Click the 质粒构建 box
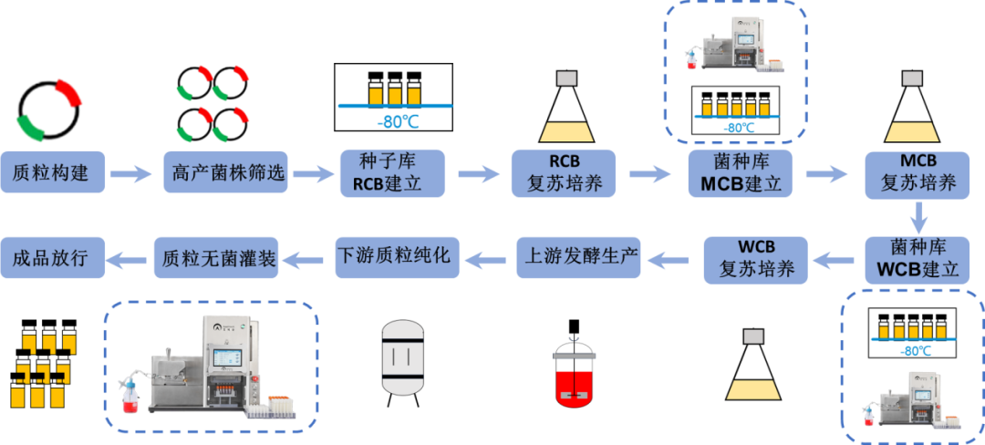pyautogui.click(x=52, y=171)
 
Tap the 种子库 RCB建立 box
pyautogui.click(x=392, y=171)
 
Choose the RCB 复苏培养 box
pyautogui.click(x=565, y=171)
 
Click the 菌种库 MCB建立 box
pyautogui.click(x=739, y=171)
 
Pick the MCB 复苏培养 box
pyautogui.click(x=918, y=171)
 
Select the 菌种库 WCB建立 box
pyautogui.click(x=918, y=258)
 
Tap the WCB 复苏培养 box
pyautogui.click(x=755, y=258)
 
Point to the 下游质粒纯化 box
pyautogui.click(x=394, y=257)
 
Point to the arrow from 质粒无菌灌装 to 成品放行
pyautogui.click(x=128, y=260)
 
